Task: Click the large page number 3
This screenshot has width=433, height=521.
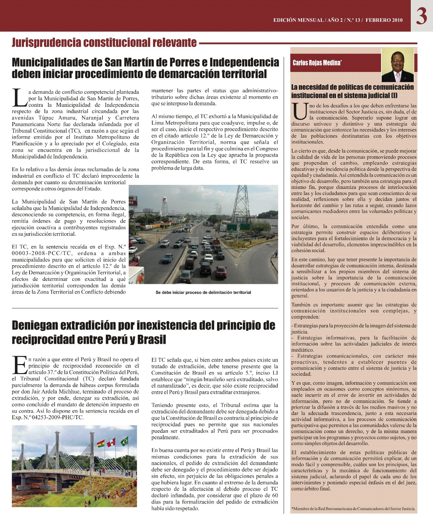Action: [421, 16]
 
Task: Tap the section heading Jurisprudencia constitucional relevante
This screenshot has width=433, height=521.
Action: [104, 43]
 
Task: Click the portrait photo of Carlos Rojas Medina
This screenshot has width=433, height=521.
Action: [397, 65]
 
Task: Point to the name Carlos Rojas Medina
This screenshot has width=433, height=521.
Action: [317, 63]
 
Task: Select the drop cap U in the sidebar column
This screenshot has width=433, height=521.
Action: [300, 112]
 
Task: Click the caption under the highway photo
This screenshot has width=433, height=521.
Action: [203, 292]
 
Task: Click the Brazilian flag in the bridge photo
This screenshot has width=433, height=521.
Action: [124, 441]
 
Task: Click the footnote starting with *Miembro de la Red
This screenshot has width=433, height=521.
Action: [353, 509]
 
